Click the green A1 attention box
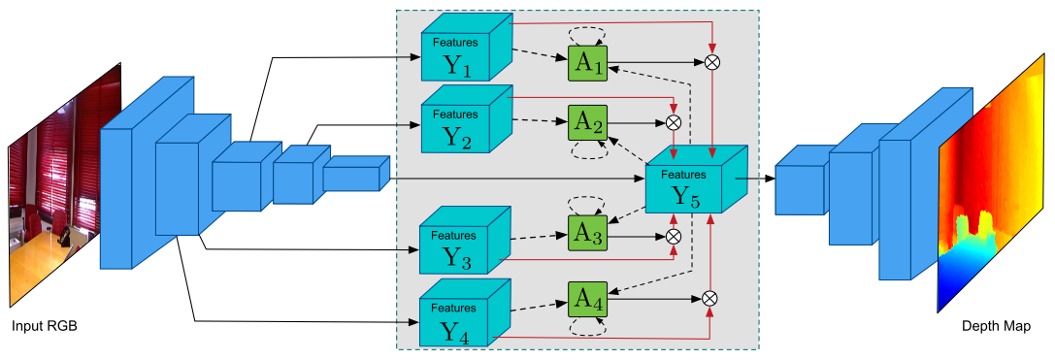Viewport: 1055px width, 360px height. [587, 63]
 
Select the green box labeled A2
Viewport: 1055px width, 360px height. [587, 122]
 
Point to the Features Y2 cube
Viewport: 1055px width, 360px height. [466, 119]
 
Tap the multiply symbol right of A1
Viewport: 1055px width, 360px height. [711, 62]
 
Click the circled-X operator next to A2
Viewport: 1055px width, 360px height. [674, 122]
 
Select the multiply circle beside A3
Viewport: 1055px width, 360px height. [673, 236]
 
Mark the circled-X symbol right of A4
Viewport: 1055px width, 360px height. [709, 299]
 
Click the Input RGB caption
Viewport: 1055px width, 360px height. [45, 327]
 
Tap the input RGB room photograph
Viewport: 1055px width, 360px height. [64, 185]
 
